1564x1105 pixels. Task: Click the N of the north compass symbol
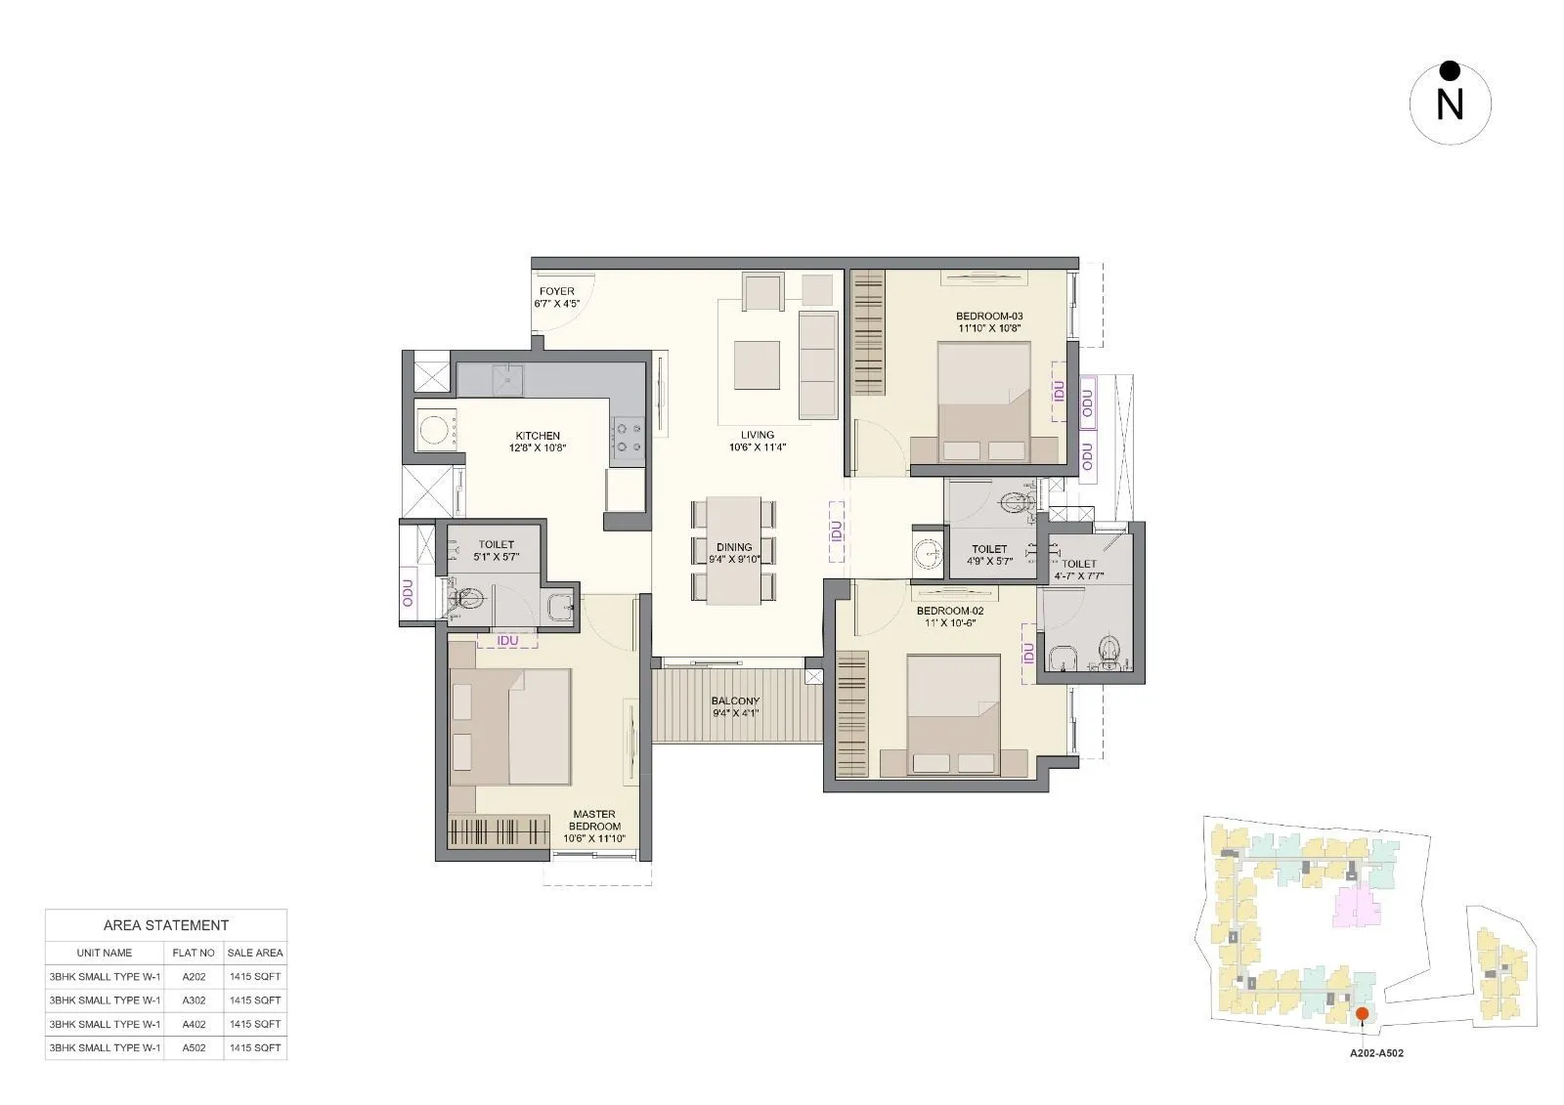(x=1450, y=106)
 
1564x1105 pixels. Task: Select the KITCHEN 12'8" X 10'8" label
(x=538, y=442)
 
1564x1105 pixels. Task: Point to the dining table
(x=733, y=551)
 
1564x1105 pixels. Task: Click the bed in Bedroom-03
(x=982, y=401)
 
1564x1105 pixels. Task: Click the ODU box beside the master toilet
(x=409, y=594)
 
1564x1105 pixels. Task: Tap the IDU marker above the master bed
(x=507, y=641)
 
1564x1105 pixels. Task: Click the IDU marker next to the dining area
(x=836, y=531)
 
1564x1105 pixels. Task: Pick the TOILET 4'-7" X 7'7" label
(x=1079, y=570)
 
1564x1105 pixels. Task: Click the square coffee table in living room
(x=757, y=364)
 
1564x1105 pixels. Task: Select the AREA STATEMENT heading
(x=166, y=925)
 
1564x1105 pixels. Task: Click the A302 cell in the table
(x=193, y=1000)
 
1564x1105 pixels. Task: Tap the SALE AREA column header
(x=255, y=953)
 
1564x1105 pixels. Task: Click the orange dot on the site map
(x=1362, y=1015)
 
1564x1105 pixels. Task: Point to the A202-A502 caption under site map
(x=1376, y=1054)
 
